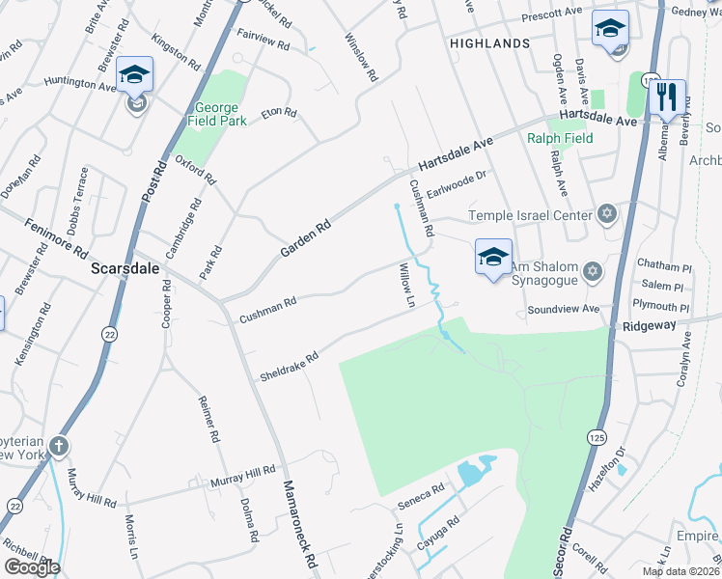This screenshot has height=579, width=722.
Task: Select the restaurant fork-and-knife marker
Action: pos(666,97)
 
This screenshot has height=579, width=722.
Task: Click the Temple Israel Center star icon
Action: pos(606,214)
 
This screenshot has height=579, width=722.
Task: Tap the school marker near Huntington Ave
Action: pos(135,76)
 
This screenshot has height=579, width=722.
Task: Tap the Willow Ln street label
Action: pos(407,287)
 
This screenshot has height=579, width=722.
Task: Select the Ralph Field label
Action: pos(560,138)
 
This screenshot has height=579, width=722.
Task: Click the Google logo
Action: pos(32,567)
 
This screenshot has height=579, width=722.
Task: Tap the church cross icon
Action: pos(60,446)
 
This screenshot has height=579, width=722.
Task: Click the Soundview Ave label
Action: pos(564,311)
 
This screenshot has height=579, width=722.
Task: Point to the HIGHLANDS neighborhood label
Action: pos(489,43)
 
